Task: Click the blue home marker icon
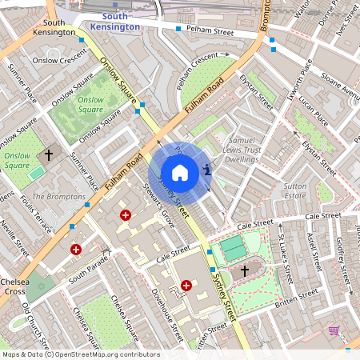tap(180, 172)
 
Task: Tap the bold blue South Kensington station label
tap(115, 22)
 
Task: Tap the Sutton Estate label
tap(295, 190)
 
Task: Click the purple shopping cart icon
tap(334, 330)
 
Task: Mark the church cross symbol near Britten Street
tap(244, 272)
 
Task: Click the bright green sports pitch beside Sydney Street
tap(234, 248)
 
